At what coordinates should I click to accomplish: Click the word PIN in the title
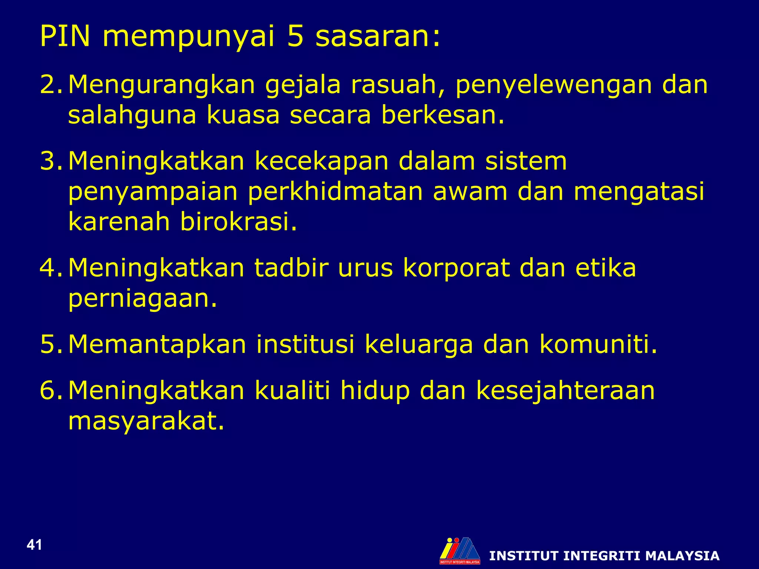click(x=65, y=36)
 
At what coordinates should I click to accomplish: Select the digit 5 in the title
click(x=295, y=36)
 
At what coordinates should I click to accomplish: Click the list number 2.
click(x=49, y=85)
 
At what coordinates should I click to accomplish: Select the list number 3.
click(x=49, y=161)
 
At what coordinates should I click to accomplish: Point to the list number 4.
click(x=49, y=268)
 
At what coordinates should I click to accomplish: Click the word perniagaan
click(x=142, y=299)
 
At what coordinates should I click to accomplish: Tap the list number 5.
click(x=49, y=344)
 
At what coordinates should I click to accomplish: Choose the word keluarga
click(x=419, y=345)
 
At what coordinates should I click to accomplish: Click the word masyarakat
click(x=146, y=421)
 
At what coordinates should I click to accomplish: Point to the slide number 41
click(x=34, y=545)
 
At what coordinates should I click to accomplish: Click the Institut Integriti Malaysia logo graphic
click(x=460, y=550)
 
